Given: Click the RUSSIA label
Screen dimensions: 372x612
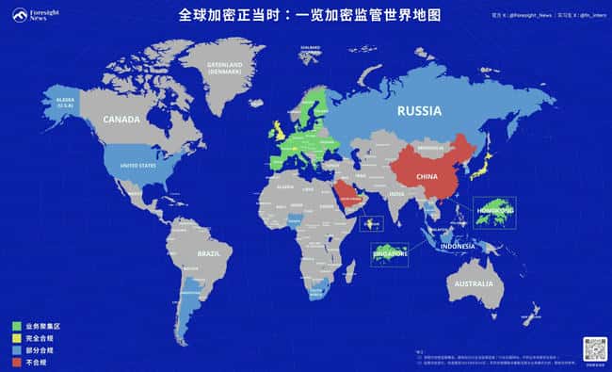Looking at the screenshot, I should [419, 111].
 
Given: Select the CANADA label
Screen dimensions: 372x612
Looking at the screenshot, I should [121, 120].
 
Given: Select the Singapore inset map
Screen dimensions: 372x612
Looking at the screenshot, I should [387, 251].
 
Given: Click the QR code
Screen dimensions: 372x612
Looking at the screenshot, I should [594, 348].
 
